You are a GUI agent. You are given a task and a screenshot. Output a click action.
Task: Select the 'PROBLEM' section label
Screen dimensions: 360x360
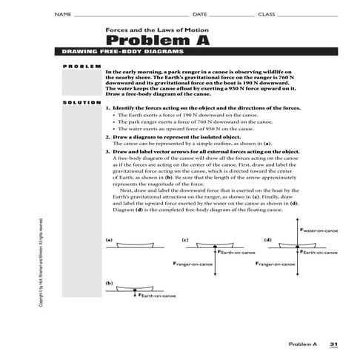[81, 67]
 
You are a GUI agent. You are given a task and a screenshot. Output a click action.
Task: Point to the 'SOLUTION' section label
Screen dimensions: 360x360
[81, 101]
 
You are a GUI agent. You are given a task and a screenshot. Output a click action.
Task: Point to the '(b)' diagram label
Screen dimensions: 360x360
[110, 283]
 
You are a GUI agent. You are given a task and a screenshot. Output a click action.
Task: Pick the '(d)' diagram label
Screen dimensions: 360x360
[267, 239]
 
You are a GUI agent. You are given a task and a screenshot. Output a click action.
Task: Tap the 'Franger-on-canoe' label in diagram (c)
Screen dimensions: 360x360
[195, 264]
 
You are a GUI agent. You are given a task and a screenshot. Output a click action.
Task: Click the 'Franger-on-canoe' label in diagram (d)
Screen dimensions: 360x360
[278, 264]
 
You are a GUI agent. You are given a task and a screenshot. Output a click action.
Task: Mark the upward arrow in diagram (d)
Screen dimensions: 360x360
[296, 234]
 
